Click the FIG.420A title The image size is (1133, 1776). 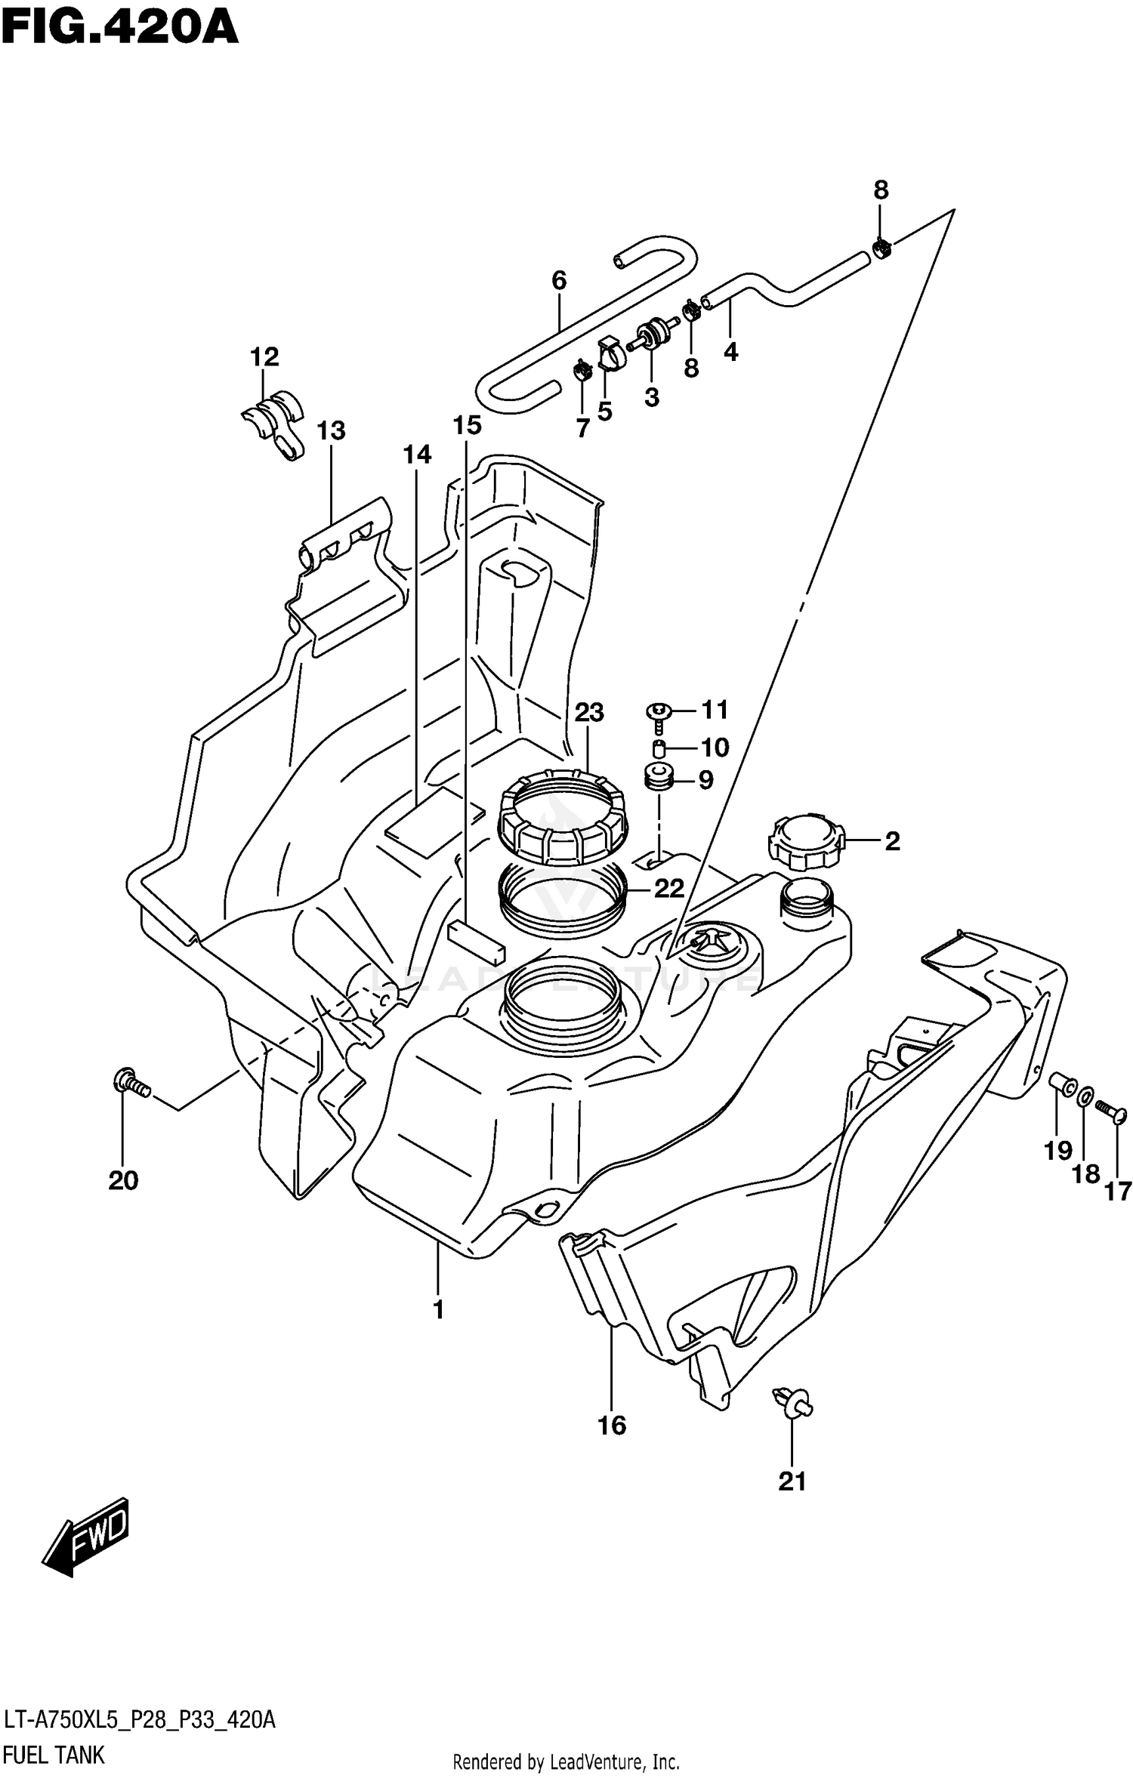pos(119,28)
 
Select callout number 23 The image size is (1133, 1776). pos(589,711)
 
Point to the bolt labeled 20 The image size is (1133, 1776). pos(131,1084)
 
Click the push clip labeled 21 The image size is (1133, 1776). pos(792,1401)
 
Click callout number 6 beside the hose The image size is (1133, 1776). pos(558,280)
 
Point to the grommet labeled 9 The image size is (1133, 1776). pos(659,777)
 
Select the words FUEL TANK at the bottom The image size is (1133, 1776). pos(54,1754)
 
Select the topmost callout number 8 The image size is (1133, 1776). pos(881,190)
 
